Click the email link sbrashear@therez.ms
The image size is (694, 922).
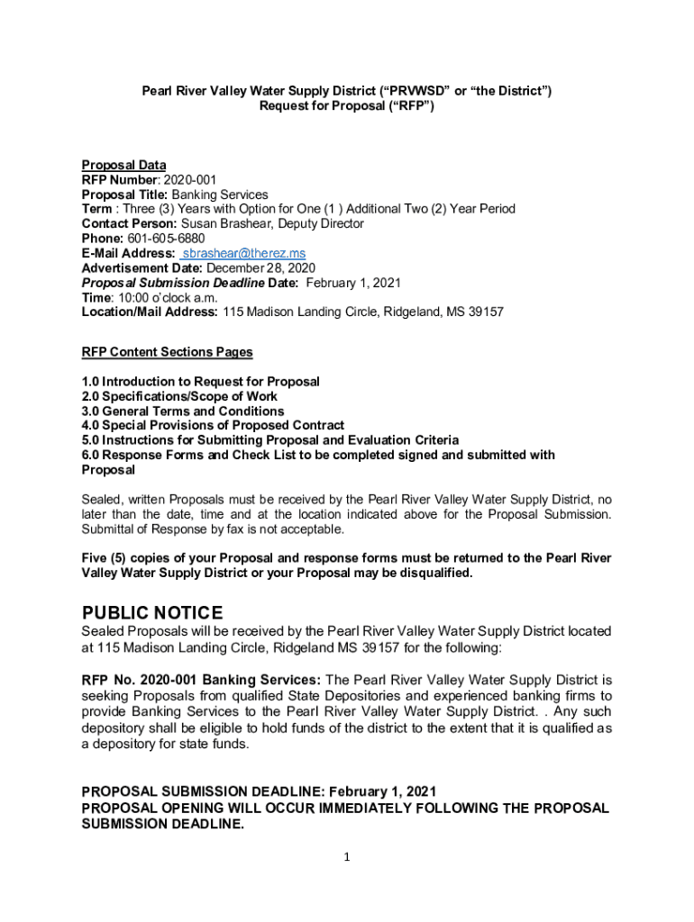pyautogui.click(x=242, y=254)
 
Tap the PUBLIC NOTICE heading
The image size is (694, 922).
pyautogui.click(x=151, y=614)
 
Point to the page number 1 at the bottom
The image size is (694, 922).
pyautogui.click(x=347, y=857)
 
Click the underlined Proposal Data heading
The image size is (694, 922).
pyautogui.click(x=123, y=166)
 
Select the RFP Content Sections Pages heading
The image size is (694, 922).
pyautogui.click(x=167, y=352)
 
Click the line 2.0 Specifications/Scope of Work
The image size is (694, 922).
pyautogui.click(x=179, y=396)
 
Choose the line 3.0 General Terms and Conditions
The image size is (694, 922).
pyautogui.click(x=182, y=411)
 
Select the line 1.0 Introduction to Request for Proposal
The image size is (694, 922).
pyautogui.click(x=200, y=382)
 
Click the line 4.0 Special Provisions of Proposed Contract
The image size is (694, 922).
pyautogui.click(x=213, y=426)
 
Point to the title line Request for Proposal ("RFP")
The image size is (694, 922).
pyautogui.click(x=346, y=105)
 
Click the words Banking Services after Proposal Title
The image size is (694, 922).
pyautogui.click(x=220, y=194)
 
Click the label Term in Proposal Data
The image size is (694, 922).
pyautogui.click(x=96, y=209)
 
